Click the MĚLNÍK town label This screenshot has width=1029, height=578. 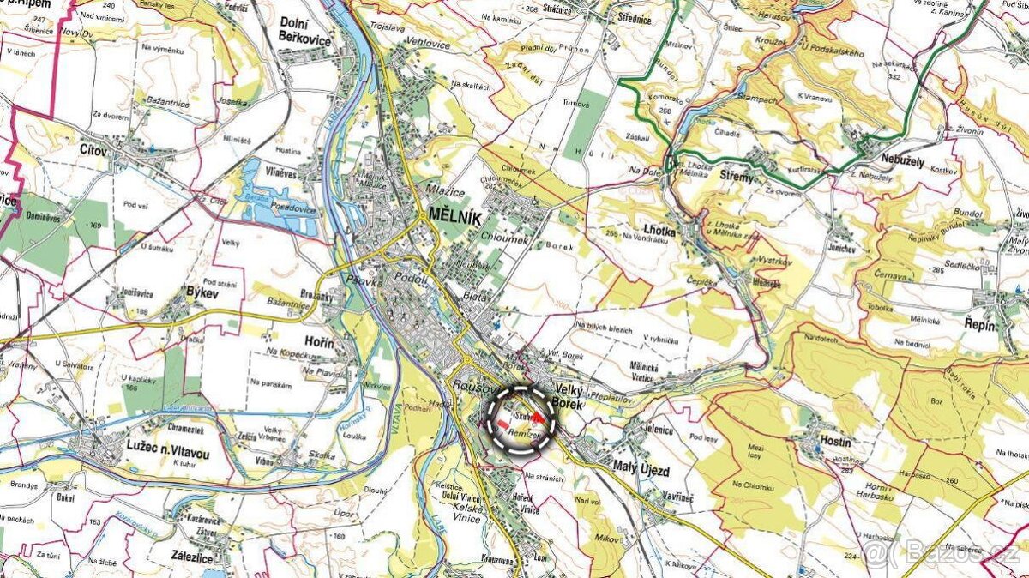pyautogui.click(x=460, y=213)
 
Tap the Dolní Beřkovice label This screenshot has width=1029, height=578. pyautogui.click(x=304, y=30)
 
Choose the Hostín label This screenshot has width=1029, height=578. pyautogui.click(x=833, y=442)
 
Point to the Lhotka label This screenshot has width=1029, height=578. pyautogui.click(x=659, y=231)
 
